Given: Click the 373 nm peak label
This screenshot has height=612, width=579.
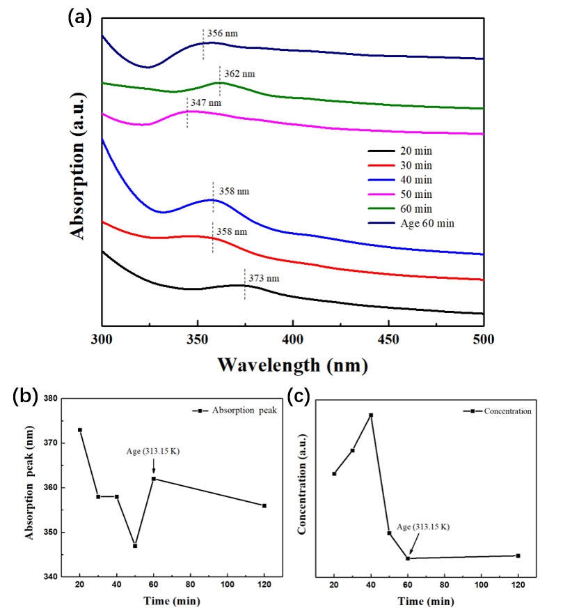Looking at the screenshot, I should point(264,278).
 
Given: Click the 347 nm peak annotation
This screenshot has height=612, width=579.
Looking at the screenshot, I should point(207,103).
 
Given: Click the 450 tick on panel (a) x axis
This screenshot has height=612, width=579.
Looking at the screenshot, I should point(388,339).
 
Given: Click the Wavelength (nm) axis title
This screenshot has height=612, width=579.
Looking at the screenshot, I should point(292,365).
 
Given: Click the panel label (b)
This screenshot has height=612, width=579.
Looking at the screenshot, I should point(26,396).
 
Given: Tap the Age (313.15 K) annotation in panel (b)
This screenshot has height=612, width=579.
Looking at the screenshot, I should point(153,451).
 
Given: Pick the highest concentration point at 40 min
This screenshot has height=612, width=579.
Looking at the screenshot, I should point(371,415).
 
